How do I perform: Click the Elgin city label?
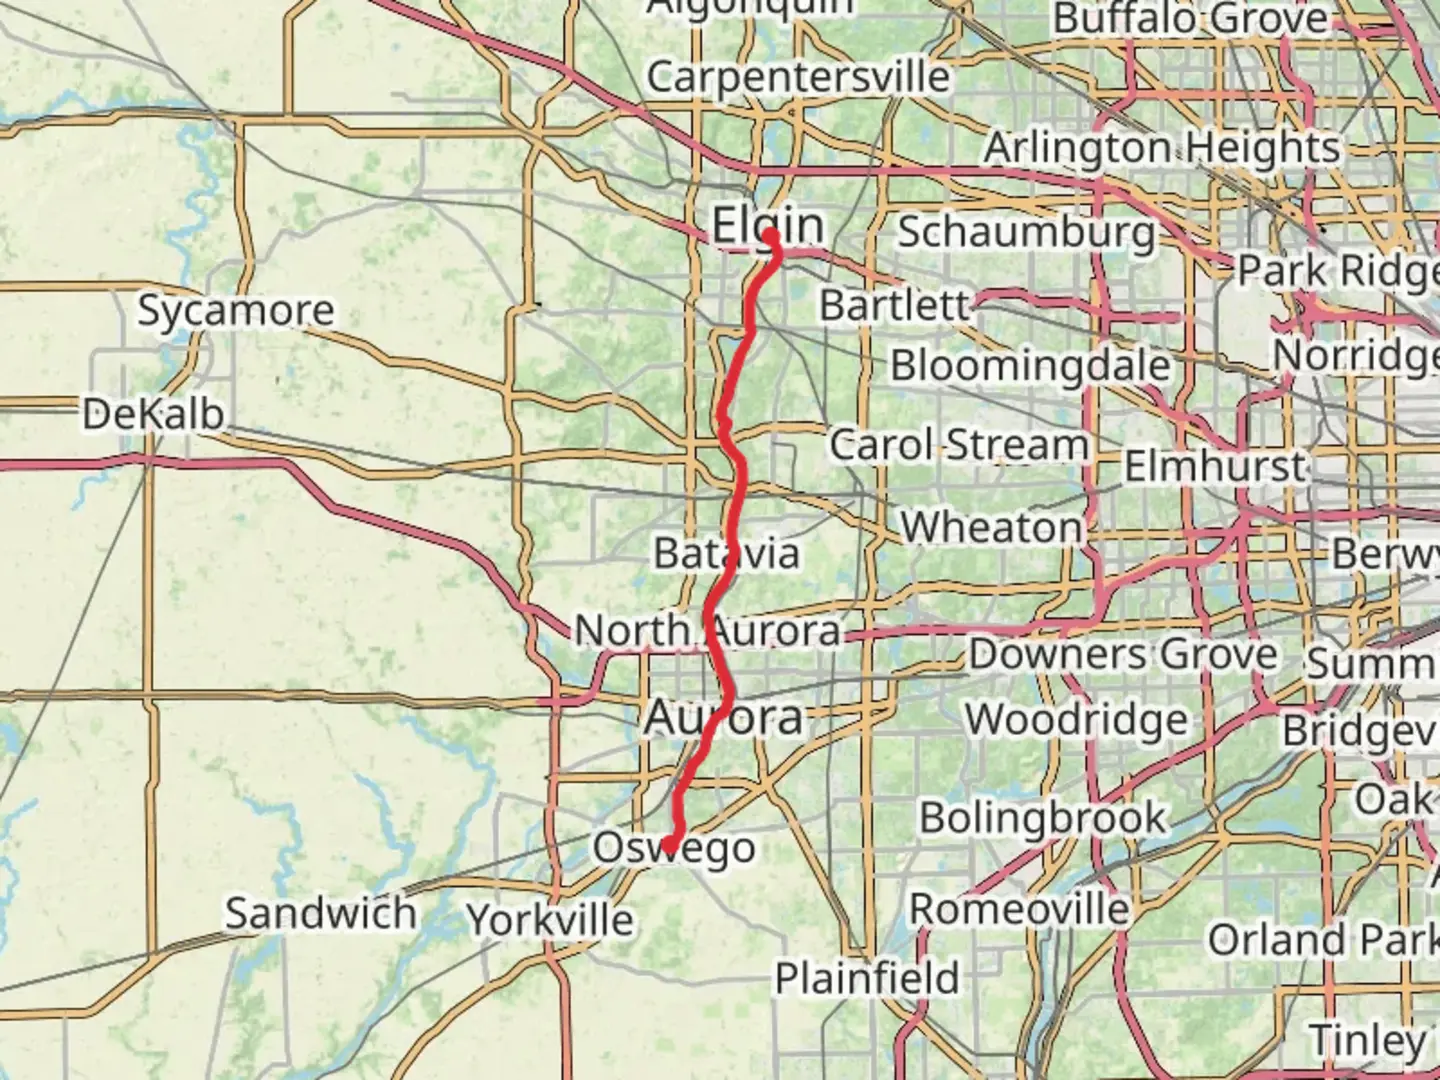coord(767,226)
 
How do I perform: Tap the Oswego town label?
coord(674,848)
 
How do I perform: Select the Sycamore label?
coord(235,310)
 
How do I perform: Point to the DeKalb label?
coord(153,414)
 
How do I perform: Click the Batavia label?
coord(727,553)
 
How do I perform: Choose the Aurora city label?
coord(724,718)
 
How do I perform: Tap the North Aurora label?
coord(707,631)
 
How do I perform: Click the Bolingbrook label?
coord(1042,818)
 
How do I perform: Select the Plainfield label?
coord(867,977)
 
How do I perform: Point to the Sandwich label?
coord(320,913)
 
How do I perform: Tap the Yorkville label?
coord(551,920)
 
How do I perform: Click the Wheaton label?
coord(991,527)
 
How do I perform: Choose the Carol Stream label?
coord(958,445)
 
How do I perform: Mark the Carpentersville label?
coord(798,77)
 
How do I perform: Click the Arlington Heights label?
coord(1161,148)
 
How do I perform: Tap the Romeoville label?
coord(1019,910)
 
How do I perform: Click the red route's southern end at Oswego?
coord(668,846)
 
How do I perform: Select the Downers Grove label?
coord(1122,655)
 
